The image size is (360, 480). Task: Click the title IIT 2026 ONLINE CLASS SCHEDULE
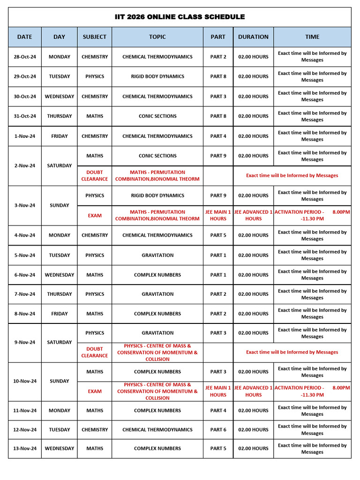180,17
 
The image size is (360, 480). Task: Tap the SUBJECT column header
94,37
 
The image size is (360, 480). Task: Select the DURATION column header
253,37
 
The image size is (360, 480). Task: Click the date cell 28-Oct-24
25,57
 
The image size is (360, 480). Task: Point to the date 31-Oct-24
25,116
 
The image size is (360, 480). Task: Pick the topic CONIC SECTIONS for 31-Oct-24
157,116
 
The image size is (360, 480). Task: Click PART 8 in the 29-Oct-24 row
218,76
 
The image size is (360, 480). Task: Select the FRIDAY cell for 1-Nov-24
60,136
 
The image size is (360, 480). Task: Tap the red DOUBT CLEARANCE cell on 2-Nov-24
94,176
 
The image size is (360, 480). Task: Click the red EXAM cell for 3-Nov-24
94,216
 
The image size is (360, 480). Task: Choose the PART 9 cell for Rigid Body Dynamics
218,195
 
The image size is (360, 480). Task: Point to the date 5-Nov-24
25,255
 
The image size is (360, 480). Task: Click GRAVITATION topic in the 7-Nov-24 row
157,294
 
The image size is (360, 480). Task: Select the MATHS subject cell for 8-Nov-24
94,314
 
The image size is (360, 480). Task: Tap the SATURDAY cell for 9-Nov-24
60,343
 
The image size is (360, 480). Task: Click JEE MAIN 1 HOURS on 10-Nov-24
218,391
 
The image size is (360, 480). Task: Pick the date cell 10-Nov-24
25,382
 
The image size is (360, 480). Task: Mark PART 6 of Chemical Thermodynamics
218,430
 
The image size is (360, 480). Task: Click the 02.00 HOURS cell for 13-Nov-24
253,449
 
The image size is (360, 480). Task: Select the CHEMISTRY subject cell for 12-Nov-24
94,430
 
